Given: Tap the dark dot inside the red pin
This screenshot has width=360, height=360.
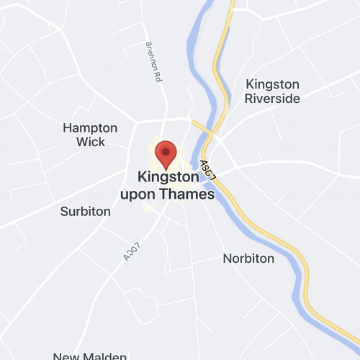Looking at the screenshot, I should click(x=166, y=151).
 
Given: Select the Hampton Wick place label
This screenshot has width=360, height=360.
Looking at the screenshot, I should click(x=90, y=135).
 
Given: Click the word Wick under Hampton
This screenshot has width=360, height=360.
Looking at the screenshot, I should click(x=90, y=142).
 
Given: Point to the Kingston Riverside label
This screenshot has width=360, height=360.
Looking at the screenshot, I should click(x=272, y=91).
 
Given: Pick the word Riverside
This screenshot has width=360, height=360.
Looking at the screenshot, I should click(x=272, y=99).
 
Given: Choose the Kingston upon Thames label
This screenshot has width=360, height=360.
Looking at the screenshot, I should click(x=176, y=185).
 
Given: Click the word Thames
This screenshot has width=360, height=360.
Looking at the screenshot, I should click(x=190, y=194).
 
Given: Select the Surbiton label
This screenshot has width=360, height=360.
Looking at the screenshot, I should click(x=86, y=212).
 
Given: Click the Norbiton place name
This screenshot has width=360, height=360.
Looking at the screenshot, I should click(x=248, y=258).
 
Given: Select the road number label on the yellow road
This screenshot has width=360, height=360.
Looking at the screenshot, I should click(x=209, y=171).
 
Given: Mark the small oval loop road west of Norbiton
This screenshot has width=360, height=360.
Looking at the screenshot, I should click(x=168, y=267).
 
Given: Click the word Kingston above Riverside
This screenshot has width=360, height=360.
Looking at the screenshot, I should click(x=272, y=84).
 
